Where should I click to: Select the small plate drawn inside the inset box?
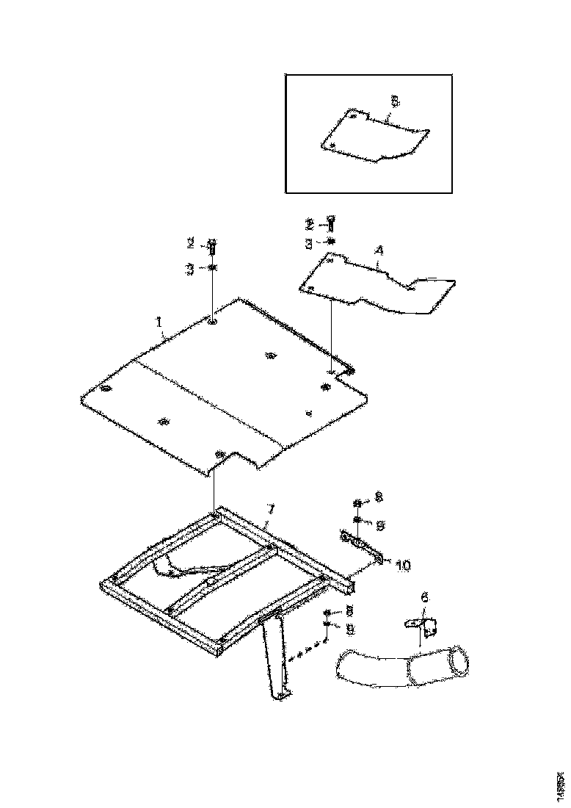(x=374, y=137)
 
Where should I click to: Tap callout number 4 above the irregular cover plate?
(x=379, y=250)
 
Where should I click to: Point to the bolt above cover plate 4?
(x=331, y=223)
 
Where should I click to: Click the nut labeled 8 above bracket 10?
(x=356, y=503)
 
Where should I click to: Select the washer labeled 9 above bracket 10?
(x=356, y=521)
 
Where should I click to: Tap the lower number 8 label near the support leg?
(x=349, y=611)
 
